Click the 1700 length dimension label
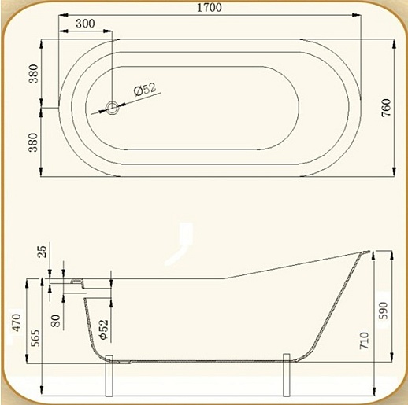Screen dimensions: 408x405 pos(210,7)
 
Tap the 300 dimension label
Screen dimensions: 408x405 pos(85,24)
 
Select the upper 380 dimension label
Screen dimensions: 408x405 pos(34,74)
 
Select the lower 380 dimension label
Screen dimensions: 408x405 pos(34,142)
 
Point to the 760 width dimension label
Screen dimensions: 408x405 pos(387,108)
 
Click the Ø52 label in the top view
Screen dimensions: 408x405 pos(145,89)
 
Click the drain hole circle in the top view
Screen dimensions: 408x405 pos(113,108)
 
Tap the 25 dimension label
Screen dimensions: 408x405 pos(42,252)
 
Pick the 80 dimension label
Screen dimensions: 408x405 pos(55,321)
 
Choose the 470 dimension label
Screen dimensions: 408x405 pos(17,322)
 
